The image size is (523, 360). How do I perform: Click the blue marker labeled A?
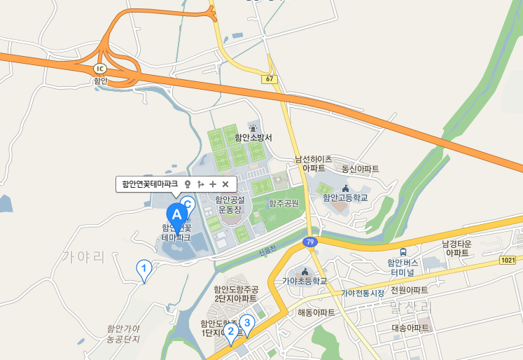pyautogui.click(x=177, y=212)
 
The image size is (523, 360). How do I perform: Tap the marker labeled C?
pyautogui.click(x=187, y=205)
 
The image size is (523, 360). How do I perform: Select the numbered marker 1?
pyautogui.click(x=144, y=268)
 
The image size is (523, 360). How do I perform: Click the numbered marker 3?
pyautogui.click(x=246, y=323)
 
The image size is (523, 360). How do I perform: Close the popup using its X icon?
pyautogui.click(x=225, y=184)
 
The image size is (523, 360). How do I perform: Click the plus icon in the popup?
pyautogui.click(x=213, y=184)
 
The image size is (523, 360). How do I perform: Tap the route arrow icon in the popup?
pyautogui.click(x=200, y=184)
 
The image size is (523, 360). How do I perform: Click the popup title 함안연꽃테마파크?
pyautogui.click(x=150, y=184)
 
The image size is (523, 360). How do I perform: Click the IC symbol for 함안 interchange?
pyautogui.click(x=100, y=69)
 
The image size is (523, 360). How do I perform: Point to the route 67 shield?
pyautogui.click(x=270, y=78)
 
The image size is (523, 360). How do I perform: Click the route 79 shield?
pyautogui.click(x=309, y=242)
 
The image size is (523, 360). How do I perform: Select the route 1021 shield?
pyautogui.click(x=508, y=260)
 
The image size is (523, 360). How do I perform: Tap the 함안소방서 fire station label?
pyautogui.click(x=253, y=137)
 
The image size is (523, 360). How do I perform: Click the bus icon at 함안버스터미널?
pyautogui.click(x=403, y=252)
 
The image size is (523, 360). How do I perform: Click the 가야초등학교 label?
pyautogui.click(x=305, y=281)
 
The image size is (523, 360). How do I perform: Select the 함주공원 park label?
pyautogui.click(x=284, y=203)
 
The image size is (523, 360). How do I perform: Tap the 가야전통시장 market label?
pyautogui.click(x=363, y=293)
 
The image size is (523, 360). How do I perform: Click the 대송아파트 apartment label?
pyautogui.click(x=410, y=328)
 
